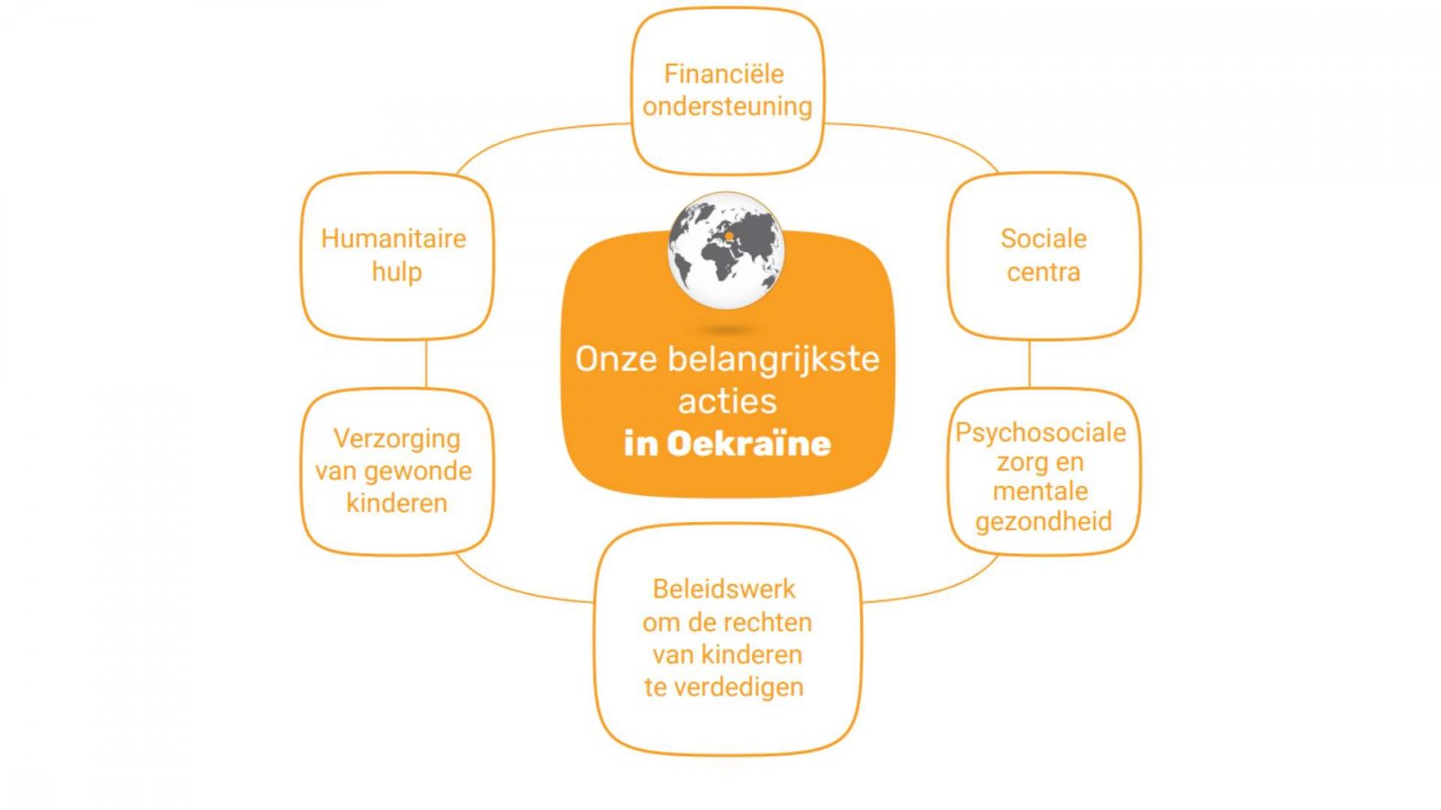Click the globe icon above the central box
point(726,250)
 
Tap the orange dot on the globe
point(729,238)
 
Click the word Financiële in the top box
point(724,74)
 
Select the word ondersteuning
point(727,107)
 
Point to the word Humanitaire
point(393,238)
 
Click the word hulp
point(397,272)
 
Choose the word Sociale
point(1044,238)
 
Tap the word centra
point(1044,272)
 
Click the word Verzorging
point(397,439)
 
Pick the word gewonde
point(418,472)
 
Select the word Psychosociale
point(1040,433)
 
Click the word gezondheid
point(1044,521)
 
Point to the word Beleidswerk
point(724,589)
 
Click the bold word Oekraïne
point(748,444)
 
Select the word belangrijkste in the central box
point(774,359)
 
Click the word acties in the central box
point(728,401)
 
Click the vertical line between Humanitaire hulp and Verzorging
point(426,364)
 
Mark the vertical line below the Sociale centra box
point(1029,364)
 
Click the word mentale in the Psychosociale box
point(1040,491)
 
